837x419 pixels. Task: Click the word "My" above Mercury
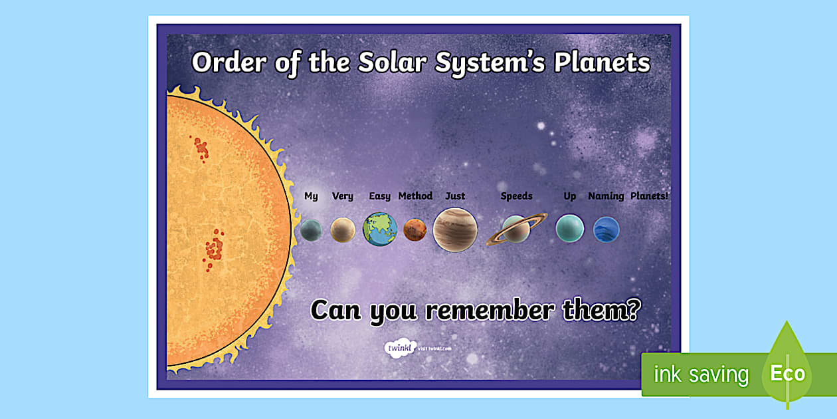click(311, 196)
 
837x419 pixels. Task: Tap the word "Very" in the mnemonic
click(343, 196)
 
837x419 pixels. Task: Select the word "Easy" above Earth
click(379, 196)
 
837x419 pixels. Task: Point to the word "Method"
click(415, 196)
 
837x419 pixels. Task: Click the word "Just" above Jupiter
click(455, 196)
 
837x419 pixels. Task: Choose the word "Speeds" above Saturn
click(516, 196)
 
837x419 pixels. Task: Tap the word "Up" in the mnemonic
click(570, 196)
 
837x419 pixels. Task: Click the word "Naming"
click(606, 196)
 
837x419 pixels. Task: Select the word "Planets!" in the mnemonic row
click(649, 196)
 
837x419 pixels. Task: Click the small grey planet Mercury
click(311, 230)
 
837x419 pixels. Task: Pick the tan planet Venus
click(343, 230)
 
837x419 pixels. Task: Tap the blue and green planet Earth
click(380, 229)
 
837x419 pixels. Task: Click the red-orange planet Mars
click(415, 229)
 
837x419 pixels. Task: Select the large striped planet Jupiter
click(455, 229)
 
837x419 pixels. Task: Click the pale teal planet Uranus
click(570, 228)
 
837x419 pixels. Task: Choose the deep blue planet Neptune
click(606, 229)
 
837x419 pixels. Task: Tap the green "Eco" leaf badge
click(787, 372)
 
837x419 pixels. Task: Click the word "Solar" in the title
click(393, 63)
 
